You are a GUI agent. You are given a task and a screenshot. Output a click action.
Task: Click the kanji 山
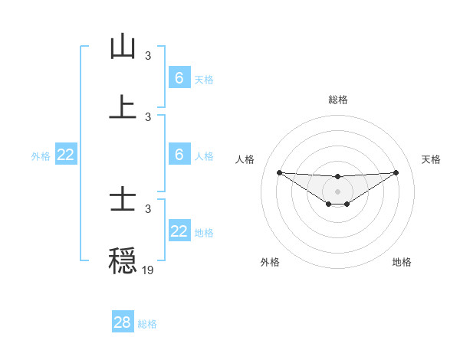(x=123, y=47)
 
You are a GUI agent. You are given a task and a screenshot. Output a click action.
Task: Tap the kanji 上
(x=123, y=106)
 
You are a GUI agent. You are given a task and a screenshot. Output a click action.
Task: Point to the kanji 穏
(x=123, y=260)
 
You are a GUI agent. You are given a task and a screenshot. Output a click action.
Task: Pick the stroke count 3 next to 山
(x=148, y=56)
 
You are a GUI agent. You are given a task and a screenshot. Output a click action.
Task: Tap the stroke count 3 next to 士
(x=148, y=208)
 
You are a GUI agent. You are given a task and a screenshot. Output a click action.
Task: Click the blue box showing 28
(x=123, y=322)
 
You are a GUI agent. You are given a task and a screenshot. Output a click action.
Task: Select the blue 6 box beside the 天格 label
(x=179, y=78)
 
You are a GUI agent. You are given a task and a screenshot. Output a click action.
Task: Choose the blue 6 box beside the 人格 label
(x=179, y=155)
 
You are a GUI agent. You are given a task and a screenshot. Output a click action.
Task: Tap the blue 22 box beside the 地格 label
(x=179, y=231)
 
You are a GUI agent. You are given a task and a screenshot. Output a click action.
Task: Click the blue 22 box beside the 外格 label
(x=66, y=155)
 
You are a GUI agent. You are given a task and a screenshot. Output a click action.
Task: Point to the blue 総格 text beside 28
(x=147, y=324)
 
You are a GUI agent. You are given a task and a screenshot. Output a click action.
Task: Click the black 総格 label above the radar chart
(x=337, y=100)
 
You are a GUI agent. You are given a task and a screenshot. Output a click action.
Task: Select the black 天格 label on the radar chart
(x=431, y=159)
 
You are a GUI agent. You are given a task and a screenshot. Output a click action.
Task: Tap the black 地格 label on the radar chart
(x=402, y=262)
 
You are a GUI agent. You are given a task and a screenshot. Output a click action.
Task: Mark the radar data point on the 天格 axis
(x=396, y=172)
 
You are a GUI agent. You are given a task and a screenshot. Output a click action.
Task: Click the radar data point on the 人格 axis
(x=279, y=172)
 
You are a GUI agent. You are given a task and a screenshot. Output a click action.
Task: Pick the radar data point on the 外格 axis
(x=328, y=204)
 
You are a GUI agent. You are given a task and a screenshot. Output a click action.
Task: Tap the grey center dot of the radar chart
(x=337, y=191)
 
